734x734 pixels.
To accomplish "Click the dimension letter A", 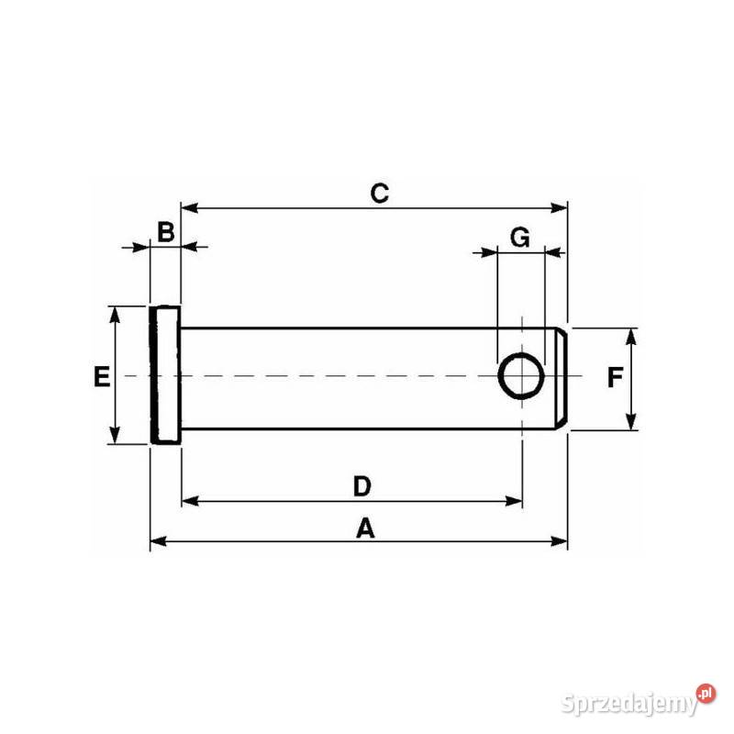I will click(366, 528).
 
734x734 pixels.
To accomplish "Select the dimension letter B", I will click(165, 232).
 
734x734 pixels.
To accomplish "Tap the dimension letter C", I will click(380, 194).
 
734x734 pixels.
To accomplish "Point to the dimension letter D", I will click(361, 485).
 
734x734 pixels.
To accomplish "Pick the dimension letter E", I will click(102, 376).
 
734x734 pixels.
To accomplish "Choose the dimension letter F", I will click(616, 377).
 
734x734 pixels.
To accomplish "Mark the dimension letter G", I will click(519, 238).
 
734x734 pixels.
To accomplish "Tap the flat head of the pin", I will click(165, 376).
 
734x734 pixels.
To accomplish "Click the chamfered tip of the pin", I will click(563, 377).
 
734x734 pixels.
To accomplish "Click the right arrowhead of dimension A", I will click(561, 541).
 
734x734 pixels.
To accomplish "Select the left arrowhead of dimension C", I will click(188, 208).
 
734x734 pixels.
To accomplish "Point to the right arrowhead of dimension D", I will click(516, 501).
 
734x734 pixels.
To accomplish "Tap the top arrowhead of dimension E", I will click(115, 313).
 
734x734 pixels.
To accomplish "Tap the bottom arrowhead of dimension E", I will click(115, 437).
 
